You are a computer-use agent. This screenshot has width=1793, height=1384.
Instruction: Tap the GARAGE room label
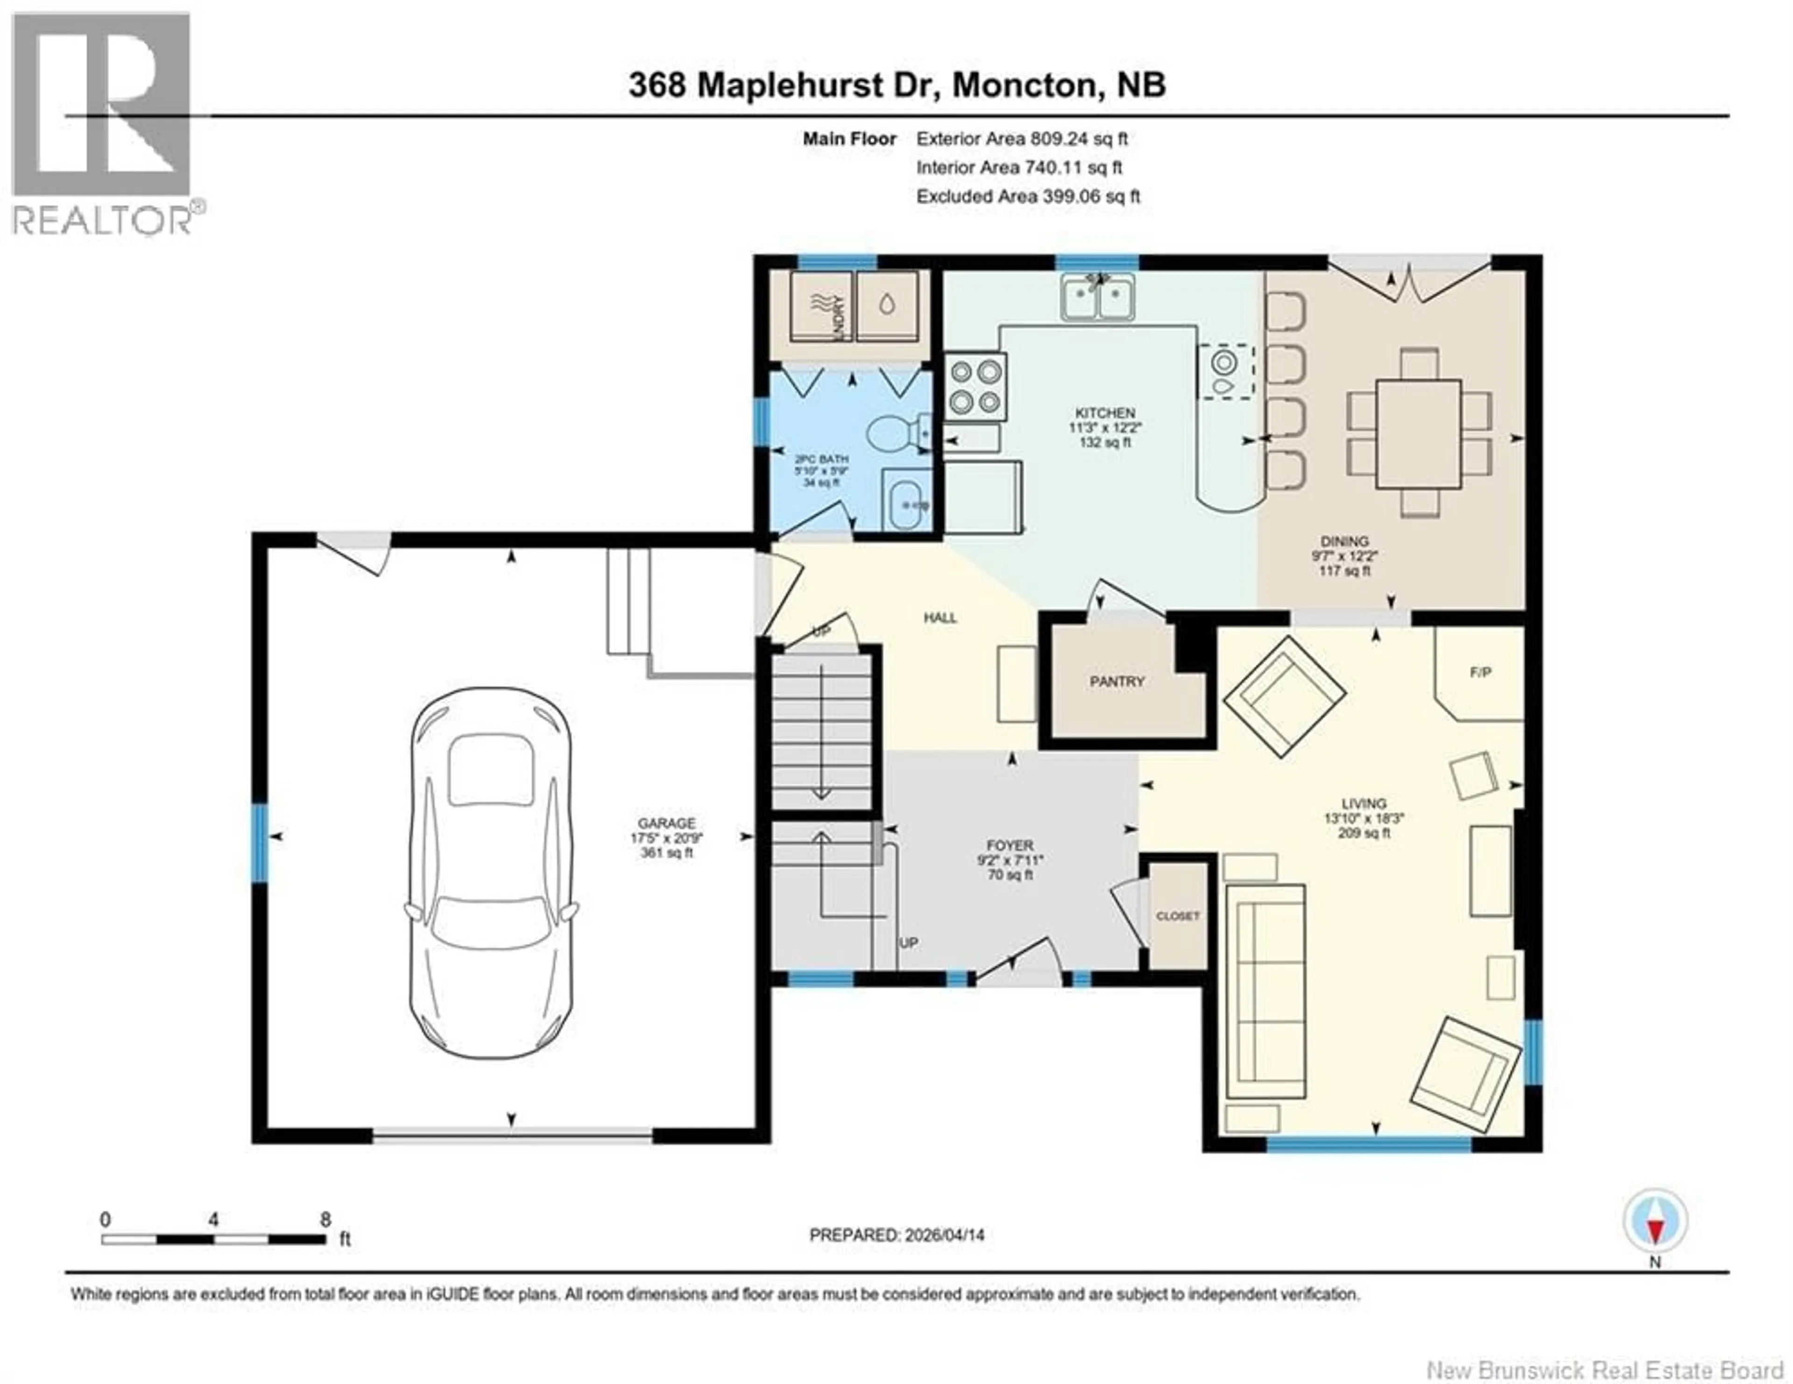point(667,823)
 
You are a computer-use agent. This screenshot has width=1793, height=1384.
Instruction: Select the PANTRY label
point(1116,681)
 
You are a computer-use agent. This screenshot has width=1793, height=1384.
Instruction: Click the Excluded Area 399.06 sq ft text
point(1028,196)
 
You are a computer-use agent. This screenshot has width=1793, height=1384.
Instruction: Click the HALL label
point(940,618)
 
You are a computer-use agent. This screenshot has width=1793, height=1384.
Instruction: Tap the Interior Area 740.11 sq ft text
point(1019,168)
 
